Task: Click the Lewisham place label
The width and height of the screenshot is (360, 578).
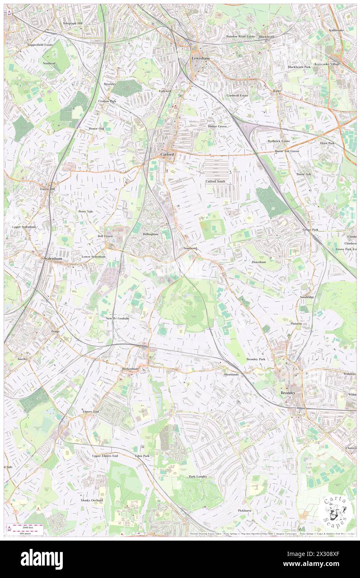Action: tap(200, 59)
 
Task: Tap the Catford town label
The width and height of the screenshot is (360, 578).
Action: tap(167, 155)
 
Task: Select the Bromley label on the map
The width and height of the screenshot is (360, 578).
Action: tap(288, 393)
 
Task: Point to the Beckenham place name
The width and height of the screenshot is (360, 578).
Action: tap(130, 369)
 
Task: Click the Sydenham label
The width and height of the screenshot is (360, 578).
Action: tap(53, 259)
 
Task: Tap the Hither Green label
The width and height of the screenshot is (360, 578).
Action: tap(217, 126)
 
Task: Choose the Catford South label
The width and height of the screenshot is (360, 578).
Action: tap(215, 181)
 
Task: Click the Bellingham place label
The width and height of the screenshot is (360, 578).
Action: tap(150, 235)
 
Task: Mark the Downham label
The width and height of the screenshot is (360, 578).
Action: tap(259, 262)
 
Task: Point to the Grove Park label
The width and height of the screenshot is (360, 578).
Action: tap(311, 230)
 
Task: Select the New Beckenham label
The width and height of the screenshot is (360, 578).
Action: tap(118, 319)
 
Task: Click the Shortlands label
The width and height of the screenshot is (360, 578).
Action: tap(231, 374)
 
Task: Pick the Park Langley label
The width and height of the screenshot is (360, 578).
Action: tap(198, 477)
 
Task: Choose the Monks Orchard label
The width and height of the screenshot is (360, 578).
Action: tap(91, 500)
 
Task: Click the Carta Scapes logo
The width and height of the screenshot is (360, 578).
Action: tap(335, 511)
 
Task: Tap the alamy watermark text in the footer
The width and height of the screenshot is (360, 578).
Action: tap(42, 559)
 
